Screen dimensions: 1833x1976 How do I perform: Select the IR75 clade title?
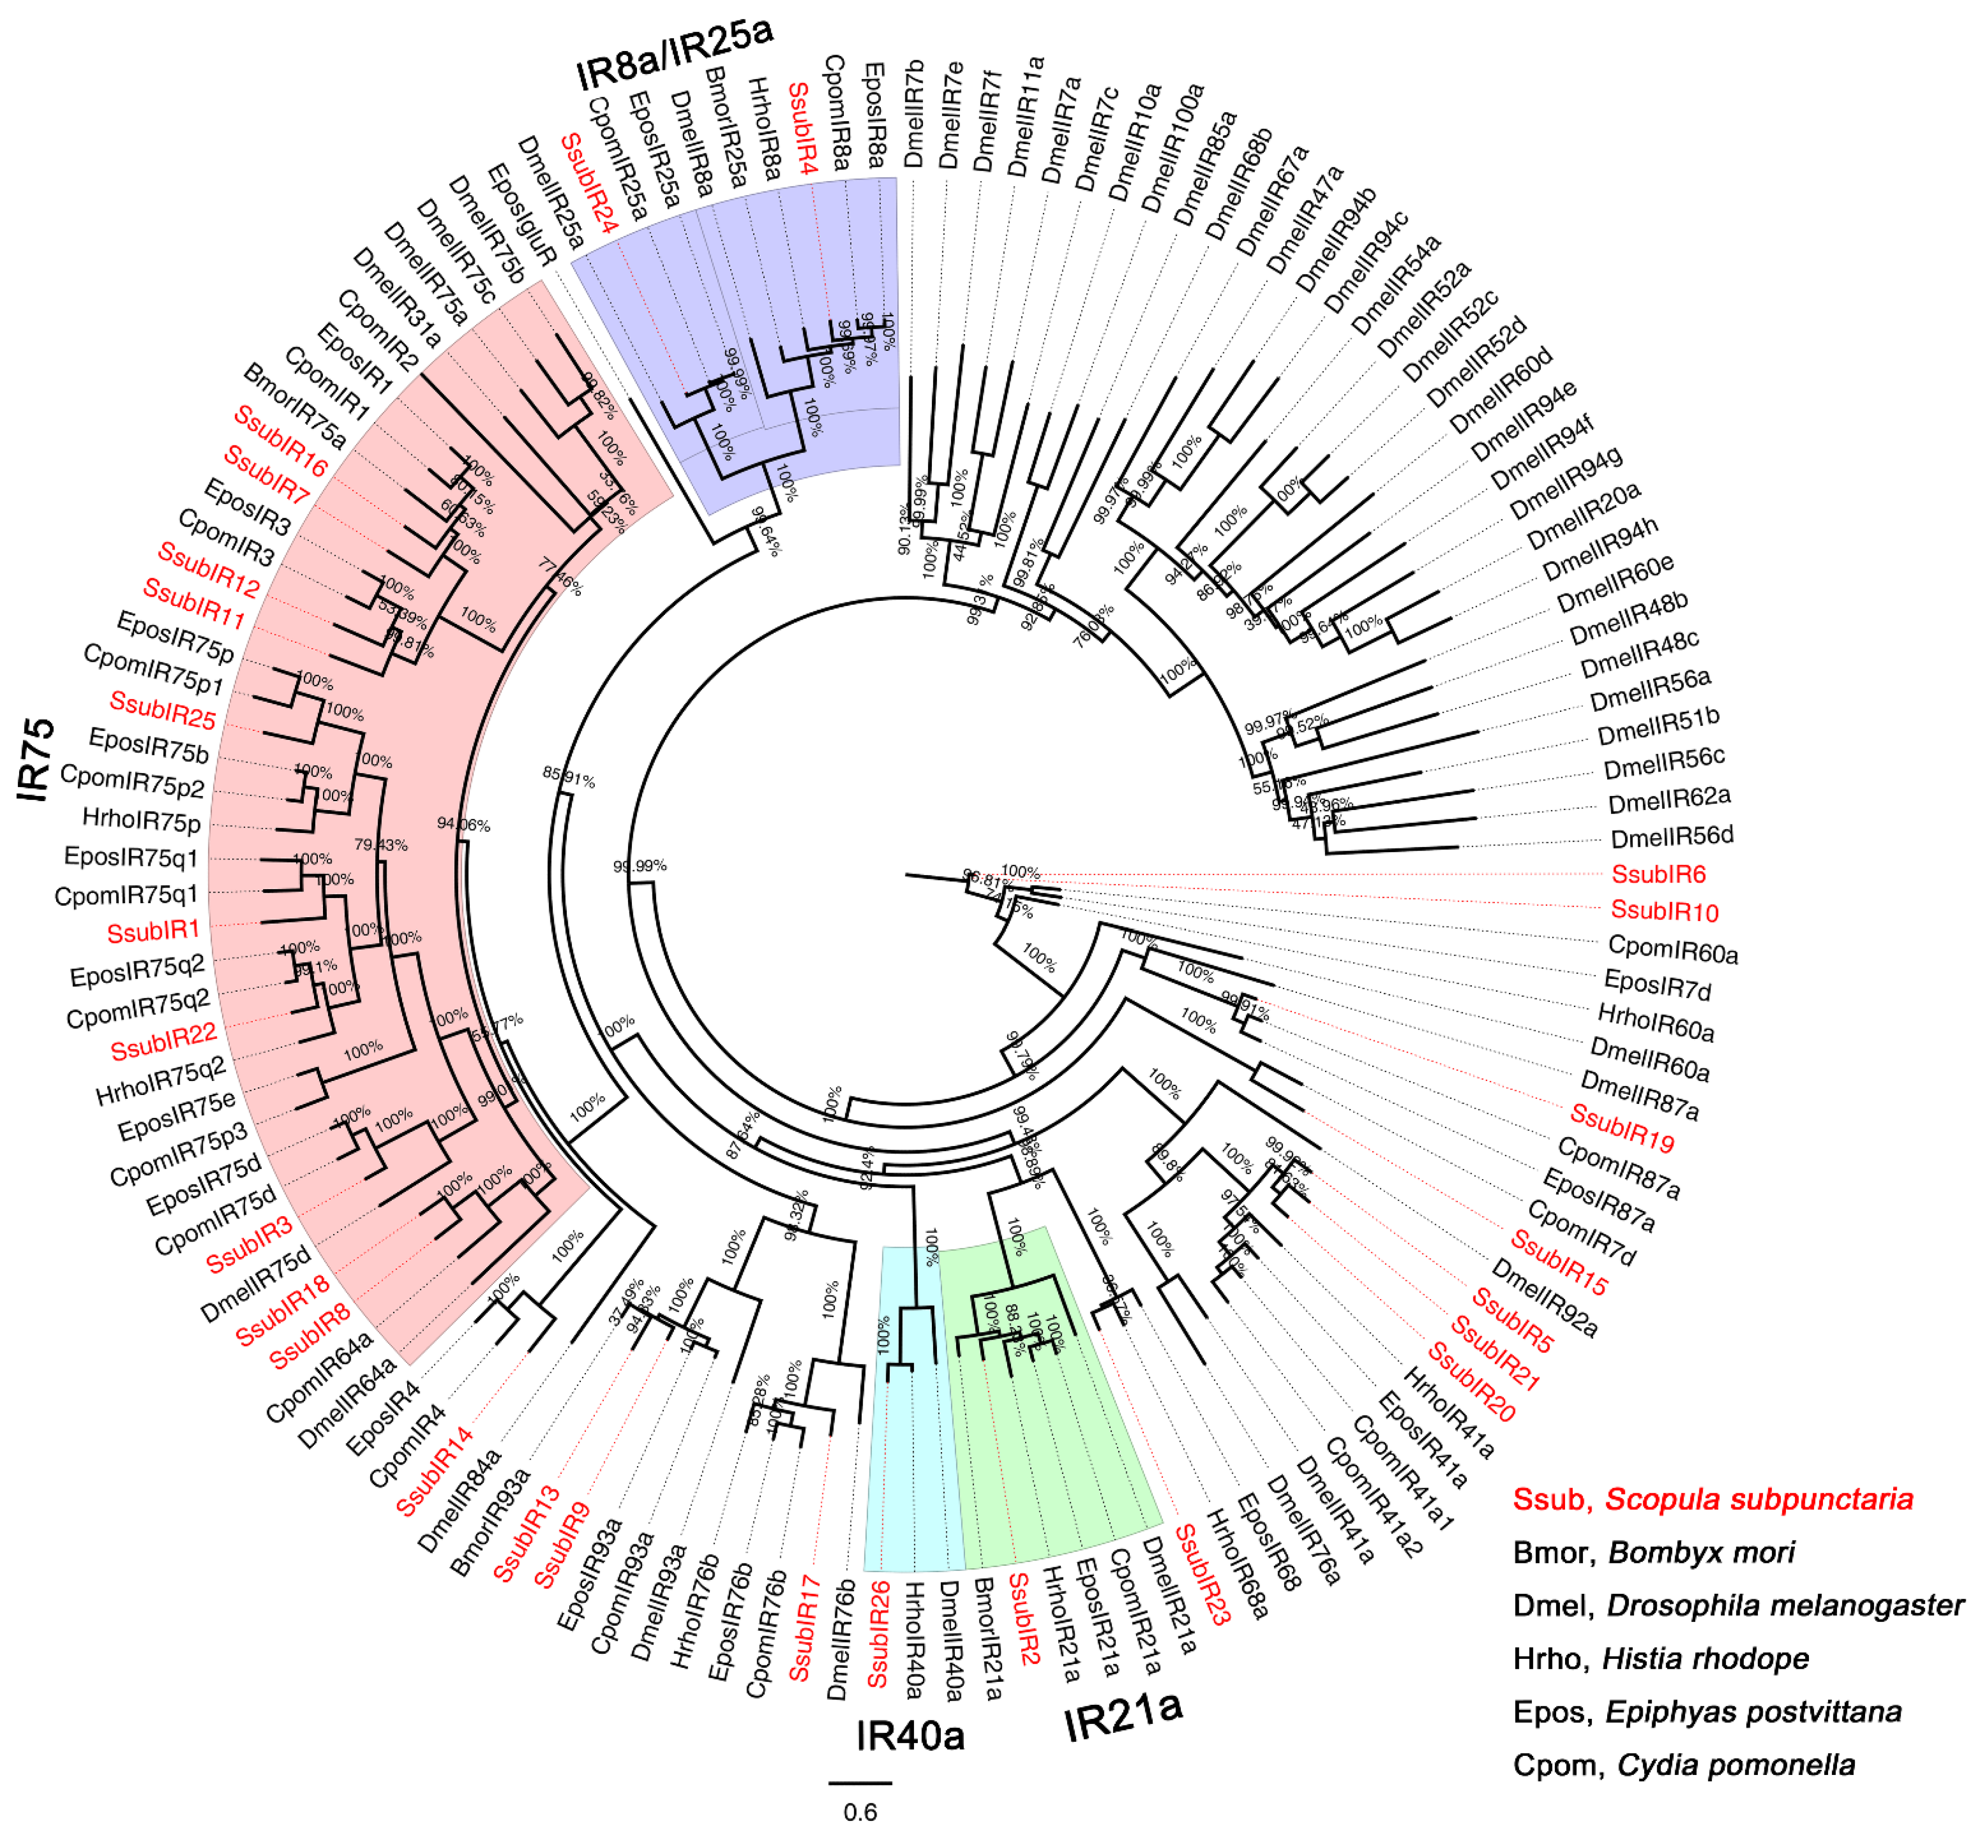tap(36, 761)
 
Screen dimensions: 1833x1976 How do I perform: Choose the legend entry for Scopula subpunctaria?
tap(1712, 1499)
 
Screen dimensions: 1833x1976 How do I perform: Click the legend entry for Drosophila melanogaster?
tap(1737, 1605)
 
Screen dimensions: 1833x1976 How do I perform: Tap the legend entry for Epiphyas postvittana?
tap(1706, 1712)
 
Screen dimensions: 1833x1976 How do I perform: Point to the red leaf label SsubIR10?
tap(1663, 911)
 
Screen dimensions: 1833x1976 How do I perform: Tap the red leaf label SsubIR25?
tap(161, 709)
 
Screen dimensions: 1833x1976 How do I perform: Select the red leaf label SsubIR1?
tap(153, 931)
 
